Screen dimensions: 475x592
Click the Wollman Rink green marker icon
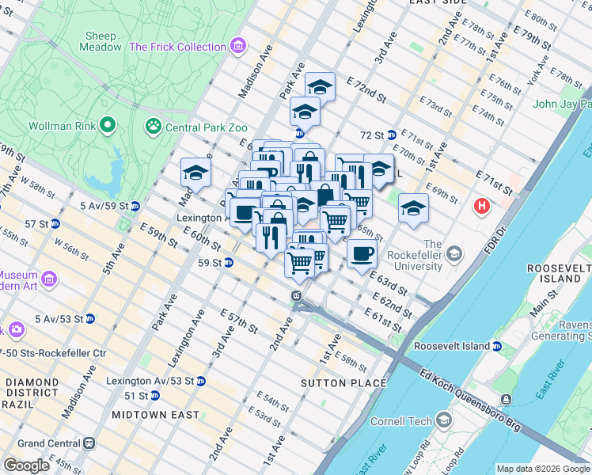pyautogui.click(x=108, y=125)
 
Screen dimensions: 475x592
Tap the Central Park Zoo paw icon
pyautogui.click(x=152, y=126)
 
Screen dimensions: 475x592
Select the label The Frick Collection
pyautogui.click(x=177, y=47)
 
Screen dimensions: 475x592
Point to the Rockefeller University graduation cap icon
pyautogui.click(x=453, y=254)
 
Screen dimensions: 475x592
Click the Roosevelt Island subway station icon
pyautogui.click(x=497, y=346)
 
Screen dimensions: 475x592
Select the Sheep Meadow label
pyautogui.click(x=101, y=41)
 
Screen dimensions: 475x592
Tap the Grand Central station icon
pyautogui.click(x=89, y=443)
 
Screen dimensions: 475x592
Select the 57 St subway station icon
pyautogui.click(x=55, y=224)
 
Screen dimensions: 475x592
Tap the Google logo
pyautogui.click(x=27, y=465)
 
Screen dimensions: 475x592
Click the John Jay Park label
pyautogui.click(x=562, y=104)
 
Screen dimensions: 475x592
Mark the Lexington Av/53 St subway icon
pyautogui.click(x=200, y=381)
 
